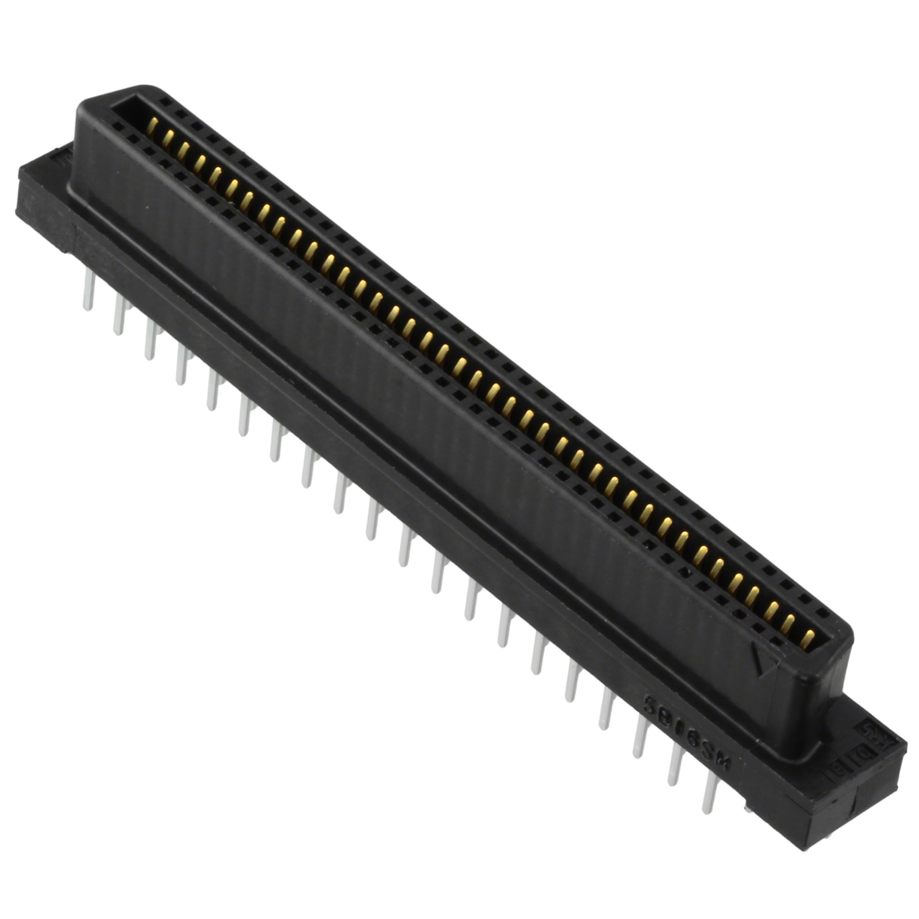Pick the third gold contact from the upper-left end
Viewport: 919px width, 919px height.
(x=184, y=149)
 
